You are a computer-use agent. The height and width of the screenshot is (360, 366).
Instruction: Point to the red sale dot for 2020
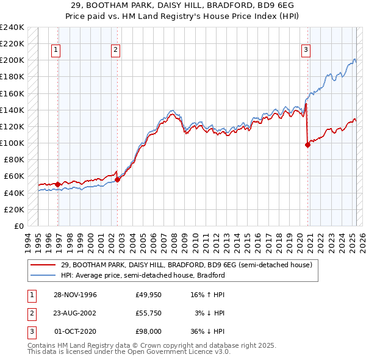[x=307, y=145]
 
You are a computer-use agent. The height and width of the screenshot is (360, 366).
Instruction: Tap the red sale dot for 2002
[x=118, y=179]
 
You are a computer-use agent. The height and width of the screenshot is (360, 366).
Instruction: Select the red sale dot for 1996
[x=58, y=184]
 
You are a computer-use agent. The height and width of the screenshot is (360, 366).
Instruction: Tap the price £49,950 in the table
[x=148, y=295]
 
